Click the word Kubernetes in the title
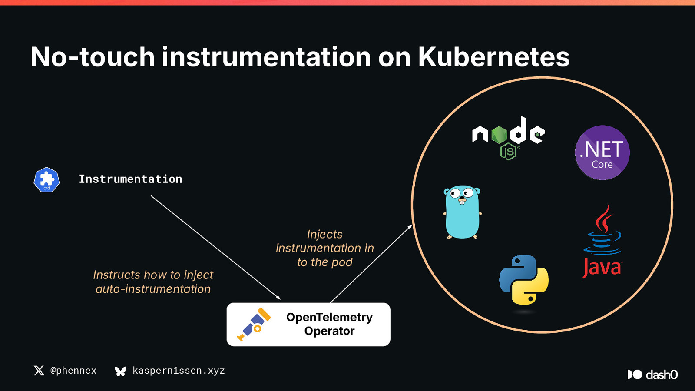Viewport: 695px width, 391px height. (493, 57)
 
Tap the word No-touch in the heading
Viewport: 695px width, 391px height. (93, 57)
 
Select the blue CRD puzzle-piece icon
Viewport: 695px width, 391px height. (46, 180)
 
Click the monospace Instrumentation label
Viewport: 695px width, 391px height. (130, 179)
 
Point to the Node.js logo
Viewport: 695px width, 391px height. (509, 138)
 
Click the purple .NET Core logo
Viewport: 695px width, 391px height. (602, 152)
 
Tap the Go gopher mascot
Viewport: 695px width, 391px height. (462, 212)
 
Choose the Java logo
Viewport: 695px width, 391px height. (602, 241)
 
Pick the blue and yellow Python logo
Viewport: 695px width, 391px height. (524, 280)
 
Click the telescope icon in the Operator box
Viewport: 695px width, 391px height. (254, 324)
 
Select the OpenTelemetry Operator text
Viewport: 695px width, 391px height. (330, 324)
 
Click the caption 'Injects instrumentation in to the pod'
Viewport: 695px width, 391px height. (325, 248)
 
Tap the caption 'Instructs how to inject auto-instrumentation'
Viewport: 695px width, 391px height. (153, 282)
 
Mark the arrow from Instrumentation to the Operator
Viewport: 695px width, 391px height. (215, 248)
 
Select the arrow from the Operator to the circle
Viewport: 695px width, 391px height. (371, 264)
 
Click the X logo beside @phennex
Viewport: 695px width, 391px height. (39, 371)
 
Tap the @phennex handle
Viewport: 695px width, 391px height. (73, 371)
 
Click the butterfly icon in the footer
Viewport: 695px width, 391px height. (120, 371)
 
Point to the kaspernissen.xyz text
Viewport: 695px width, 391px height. (179, 371)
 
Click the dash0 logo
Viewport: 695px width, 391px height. (652, 374)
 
